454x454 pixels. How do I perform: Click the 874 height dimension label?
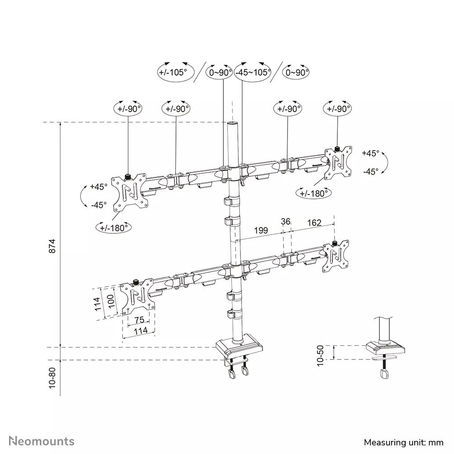point(52,245)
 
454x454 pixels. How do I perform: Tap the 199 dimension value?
point(260,230)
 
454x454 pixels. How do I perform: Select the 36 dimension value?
point(285,222)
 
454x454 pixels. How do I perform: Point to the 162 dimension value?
point(314,222)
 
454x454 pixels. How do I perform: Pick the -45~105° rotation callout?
point(252,72)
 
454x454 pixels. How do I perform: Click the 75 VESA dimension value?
point(139,320)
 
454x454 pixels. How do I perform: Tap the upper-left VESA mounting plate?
point(130,192)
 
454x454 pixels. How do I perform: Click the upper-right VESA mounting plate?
point(339,161)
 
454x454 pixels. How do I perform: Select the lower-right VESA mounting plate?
point(337,256)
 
